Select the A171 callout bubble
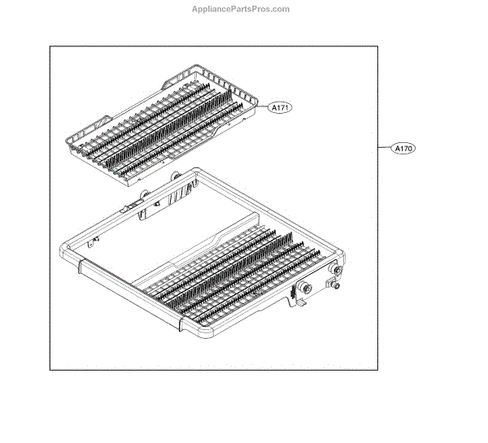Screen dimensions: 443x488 [280, 107]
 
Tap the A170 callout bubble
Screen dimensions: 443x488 [404, 149]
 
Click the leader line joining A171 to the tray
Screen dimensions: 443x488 [258, 106]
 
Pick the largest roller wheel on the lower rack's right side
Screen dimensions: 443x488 [307, 289]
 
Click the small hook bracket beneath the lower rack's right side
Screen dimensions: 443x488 [298, 305]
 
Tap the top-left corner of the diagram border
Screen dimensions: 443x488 [50, 46]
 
